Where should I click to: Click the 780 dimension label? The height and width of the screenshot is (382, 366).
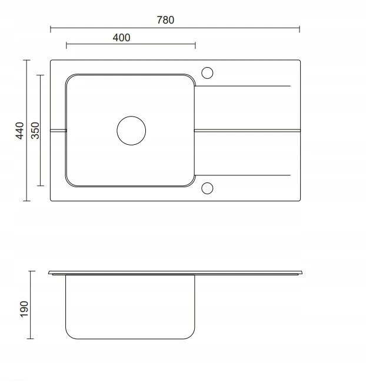pyautogui.click(x=165, y=20)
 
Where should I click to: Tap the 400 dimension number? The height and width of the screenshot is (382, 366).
pyautogui.click(x=121, y=38)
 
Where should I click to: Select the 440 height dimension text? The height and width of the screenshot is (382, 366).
pyautogui.click(x=20, y=131)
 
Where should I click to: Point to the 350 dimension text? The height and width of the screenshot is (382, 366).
pyautogui.click(x=35, y=131)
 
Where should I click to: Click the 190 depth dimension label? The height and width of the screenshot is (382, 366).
pyautogui.click(x=24, y=309)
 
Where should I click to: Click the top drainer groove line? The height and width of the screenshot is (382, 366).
pyautogui.click(x=242, y=86)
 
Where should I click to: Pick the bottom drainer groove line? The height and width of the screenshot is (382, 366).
pyautogui.click(x=242, y=175)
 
